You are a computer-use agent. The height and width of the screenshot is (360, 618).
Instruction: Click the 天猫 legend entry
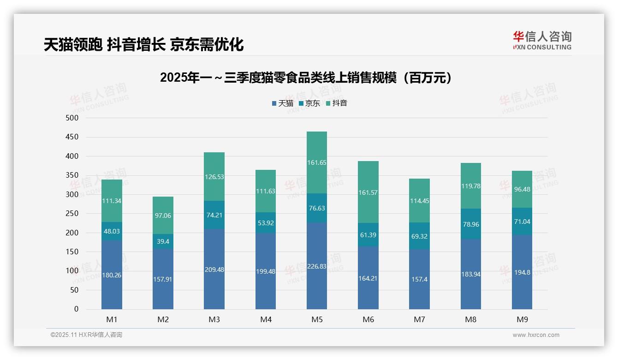click(282, 103)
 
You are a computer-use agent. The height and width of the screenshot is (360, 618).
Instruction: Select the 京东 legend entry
click(309, 103)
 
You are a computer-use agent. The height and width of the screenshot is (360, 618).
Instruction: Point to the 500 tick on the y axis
click(72, 118)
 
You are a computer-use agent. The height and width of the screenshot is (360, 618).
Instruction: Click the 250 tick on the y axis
click(72, 214)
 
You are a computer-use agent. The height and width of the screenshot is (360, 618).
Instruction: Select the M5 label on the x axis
click(317, 319)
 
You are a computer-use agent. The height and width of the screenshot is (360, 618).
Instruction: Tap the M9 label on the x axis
click(522, 319)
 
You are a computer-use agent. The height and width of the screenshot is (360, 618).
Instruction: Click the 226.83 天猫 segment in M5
click(317, 266)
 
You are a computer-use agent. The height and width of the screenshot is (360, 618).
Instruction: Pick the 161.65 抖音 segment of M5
click(317, 162)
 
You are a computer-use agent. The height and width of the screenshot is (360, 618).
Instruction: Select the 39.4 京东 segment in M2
click(163, 241)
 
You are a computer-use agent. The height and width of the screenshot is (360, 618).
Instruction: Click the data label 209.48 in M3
click(214, 270)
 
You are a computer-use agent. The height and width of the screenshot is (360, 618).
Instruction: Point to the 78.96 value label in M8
click(470, 224)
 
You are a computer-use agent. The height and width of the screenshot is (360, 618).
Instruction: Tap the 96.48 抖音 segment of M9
click(522, 189)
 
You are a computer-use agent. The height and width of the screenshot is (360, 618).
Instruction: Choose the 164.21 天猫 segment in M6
click(368, 278)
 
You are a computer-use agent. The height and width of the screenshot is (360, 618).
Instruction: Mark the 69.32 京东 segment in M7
click(419, 236)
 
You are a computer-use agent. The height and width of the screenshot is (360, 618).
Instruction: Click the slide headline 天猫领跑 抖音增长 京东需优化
click(143, 45)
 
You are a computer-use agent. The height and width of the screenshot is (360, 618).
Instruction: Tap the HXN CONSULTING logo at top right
click(542, 40)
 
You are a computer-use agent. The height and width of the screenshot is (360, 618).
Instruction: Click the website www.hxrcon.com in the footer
click(535, 335)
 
